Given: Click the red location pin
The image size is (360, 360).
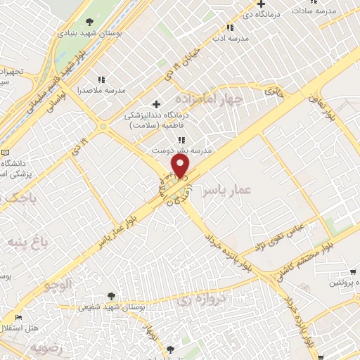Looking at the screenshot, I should tap(181, 166).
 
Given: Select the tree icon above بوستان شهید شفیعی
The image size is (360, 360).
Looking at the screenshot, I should tap(112, 297).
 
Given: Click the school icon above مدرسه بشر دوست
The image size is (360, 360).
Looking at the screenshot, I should tap(182, 140).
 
